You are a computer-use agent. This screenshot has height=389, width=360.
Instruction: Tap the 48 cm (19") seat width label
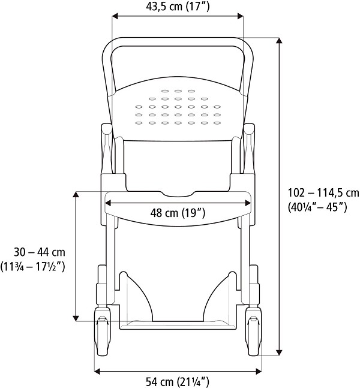click(178, 213)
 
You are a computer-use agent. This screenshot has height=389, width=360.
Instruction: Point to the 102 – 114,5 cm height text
click(323, 193)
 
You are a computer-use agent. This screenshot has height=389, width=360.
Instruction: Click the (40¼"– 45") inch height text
click(318, 207)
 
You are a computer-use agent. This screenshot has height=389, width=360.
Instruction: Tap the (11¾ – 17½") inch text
click(34, 265)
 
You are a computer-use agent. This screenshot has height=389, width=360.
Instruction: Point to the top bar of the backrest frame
click(178, 41)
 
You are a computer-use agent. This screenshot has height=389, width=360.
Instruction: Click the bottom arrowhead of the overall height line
click(280, 354)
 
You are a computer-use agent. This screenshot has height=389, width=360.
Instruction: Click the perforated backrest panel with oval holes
click(178, 108)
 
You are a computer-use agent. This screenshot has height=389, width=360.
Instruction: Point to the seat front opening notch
click(178, 193)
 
